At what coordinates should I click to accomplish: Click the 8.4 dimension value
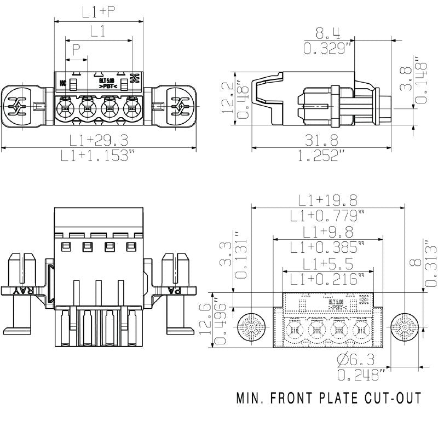[327, 32]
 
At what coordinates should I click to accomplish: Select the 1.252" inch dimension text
[324, 156]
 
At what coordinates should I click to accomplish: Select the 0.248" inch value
[360, 375]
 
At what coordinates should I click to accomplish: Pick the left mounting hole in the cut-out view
[252, 330]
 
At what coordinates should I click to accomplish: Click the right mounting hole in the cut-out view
[406, 330]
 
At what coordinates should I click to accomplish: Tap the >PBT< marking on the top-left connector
[107, 87]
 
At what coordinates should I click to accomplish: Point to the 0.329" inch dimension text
[327, 49]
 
